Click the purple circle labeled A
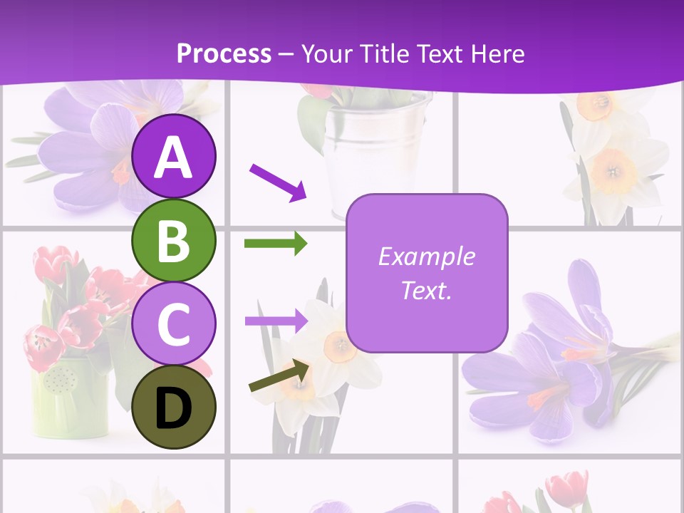click(x=173, y=157)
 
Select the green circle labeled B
click(x=173, y=241)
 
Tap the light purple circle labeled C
click(x=173, y=324)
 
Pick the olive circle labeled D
click(x=173, y=407)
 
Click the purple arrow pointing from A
click(x=278, y=181)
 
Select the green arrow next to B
click(x=276, y=244)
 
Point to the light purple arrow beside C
click(x=276, y=321)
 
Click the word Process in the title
click(x=224, y=54)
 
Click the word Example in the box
click(x=426, y=256)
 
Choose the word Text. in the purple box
click(x=426, y=290)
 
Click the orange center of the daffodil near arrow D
click(x=340, y=346)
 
